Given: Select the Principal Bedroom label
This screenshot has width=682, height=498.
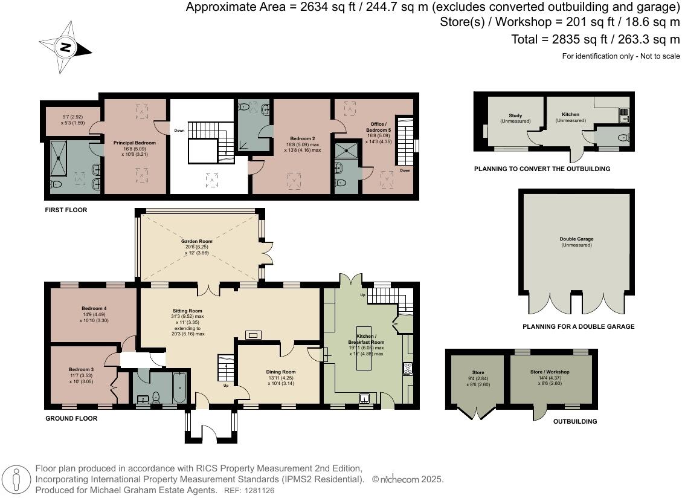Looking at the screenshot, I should (135, 143).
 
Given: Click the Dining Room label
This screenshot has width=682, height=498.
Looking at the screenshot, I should (281, 372).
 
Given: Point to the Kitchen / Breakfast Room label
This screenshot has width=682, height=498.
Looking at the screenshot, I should (366, 339).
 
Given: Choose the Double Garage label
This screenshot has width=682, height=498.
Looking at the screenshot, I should (576, 239).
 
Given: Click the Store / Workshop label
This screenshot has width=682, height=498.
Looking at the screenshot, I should (550, 372).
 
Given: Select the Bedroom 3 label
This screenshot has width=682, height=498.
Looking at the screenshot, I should (81, 369).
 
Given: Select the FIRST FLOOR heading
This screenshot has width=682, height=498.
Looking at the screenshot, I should (66, 210).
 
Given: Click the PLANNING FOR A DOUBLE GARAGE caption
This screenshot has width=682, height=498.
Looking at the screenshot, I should (578, 327).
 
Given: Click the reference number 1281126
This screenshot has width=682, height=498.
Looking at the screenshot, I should (259, 491).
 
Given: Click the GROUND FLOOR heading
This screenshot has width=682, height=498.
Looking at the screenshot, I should (71, 418).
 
